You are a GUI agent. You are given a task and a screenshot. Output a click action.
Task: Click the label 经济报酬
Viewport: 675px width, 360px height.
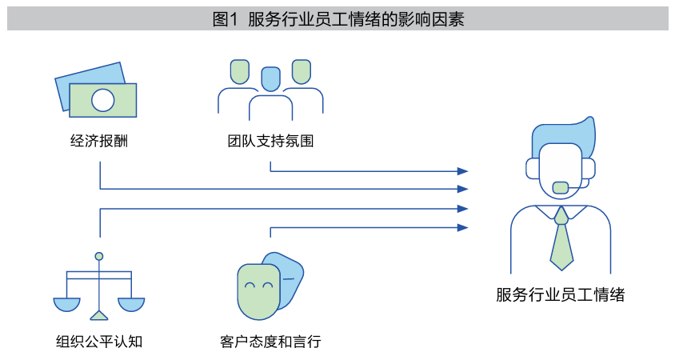pos(100,142)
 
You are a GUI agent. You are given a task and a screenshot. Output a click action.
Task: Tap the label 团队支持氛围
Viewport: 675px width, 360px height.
pos(270,142)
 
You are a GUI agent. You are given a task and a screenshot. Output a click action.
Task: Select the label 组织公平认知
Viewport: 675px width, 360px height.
pos(99,342)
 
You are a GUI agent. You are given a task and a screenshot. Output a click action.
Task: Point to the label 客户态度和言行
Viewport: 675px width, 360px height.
pos(270,342)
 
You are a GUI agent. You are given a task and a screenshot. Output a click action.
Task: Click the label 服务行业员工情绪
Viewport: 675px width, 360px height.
pos(560,294)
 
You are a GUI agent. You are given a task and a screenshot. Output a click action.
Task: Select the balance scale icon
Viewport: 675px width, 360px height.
pos(99,288)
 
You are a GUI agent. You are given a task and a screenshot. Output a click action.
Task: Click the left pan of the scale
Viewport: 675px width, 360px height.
pos(67,304)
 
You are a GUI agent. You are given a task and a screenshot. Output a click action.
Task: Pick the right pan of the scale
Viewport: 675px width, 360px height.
pos(131,304)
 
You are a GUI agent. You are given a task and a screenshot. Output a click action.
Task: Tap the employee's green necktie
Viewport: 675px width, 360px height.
pos(561,240)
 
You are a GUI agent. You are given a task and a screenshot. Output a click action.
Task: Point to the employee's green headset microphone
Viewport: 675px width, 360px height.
pos(561,187)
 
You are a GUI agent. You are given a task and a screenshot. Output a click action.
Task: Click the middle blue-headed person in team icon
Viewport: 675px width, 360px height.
pos(271,79)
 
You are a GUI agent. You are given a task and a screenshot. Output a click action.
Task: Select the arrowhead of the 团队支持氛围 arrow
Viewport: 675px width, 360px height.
pos(462,170)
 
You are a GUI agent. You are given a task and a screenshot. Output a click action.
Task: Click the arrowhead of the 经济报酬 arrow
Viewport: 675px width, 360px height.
pos(462,189)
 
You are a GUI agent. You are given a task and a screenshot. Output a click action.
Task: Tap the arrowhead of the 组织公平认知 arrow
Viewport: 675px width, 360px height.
pos(462,208)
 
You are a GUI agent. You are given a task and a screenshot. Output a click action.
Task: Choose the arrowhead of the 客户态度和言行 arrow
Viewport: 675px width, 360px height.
pos(462,227)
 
